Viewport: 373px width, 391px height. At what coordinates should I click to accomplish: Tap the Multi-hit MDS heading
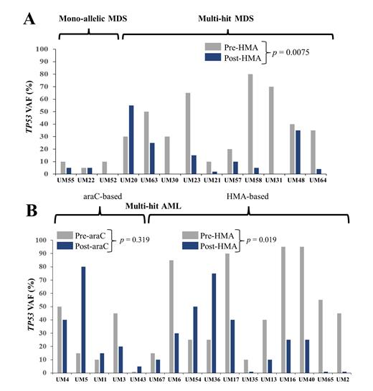(228, 16)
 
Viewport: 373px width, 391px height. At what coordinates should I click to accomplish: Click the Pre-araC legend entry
(82, 236)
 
